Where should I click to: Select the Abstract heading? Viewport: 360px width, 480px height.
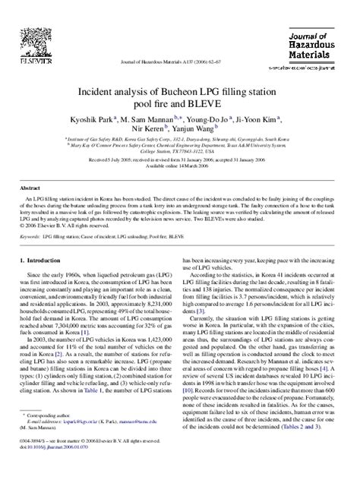(31, 187)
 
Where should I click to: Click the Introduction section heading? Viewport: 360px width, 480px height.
(50, 261)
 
